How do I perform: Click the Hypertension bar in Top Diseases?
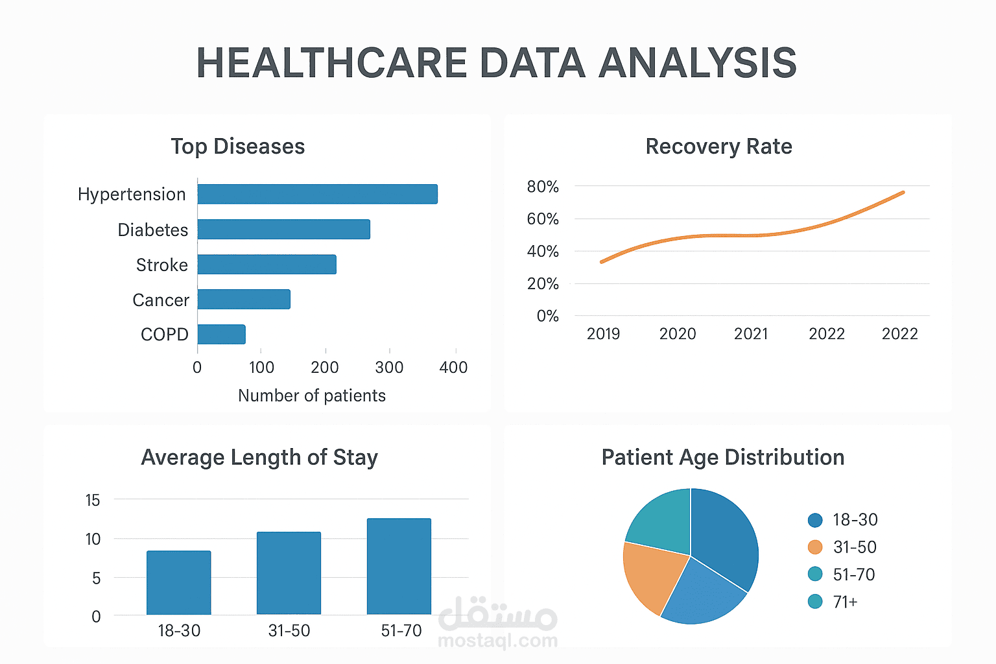coord(317,194)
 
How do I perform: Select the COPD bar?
coord(221,334)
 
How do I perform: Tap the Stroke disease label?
coord(161,265)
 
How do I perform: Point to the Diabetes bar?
coord(283,229)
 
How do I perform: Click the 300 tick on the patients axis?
coord(389,367)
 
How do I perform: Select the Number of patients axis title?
coord(311,396)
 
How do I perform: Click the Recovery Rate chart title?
coord(718,147)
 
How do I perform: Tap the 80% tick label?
coord(543,187)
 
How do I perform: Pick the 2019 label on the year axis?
coord(603,333)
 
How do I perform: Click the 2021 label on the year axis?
coord(751,333)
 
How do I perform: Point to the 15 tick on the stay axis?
coord(93,500)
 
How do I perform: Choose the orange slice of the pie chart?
coord(651,575)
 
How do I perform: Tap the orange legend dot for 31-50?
coord(815,547)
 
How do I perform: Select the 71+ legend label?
coord(845,602)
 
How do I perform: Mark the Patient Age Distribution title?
coord(722,457)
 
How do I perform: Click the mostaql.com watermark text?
coord(497,641)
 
